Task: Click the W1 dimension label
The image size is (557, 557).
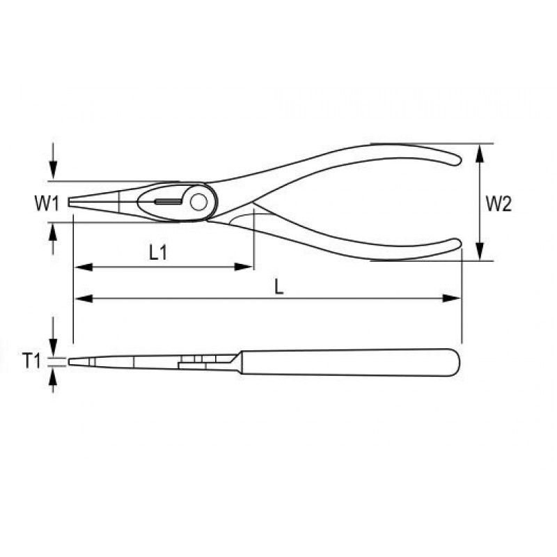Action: pyautogui.click(x=47, y=203)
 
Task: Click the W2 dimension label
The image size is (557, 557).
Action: pyautogui.click(x=499, y=204)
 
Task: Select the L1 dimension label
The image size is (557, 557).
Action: pyautogui.click(x=158, y=253)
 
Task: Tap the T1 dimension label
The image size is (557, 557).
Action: pyautogui.click(x=32, y=361)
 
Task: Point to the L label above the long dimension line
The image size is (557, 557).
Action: pyautogui.click(x=279, y=288)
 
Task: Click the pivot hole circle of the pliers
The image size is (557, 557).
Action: pyautogui.click(x=198, y=202)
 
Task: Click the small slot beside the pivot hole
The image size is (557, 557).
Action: pyautogui.click(x=168, y=202)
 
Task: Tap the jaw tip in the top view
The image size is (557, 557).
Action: pyautogui.click(x=69, y=203)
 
